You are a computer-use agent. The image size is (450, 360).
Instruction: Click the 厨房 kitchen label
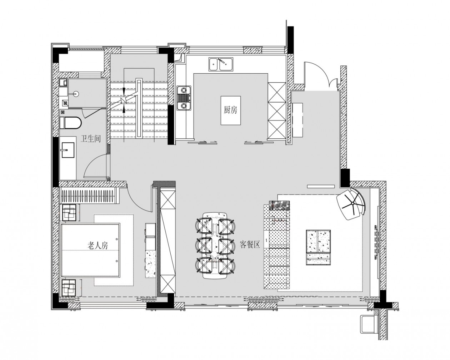point(230,110)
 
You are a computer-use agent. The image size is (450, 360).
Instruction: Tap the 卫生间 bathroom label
point(91,139)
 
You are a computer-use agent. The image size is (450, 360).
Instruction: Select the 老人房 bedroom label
point(97,246)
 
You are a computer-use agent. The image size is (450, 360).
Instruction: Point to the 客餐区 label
point(250,244)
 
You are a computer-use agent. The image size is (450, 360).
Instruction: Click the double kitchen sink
point(221,64)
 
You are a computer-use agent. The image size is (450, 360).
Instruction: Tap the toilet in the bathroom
point(70,123)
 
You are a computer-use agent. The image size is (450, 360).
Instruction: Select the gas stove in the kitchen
point(184,98)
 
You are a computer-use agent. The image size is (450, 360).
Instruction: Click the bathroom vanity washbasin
point(68,150)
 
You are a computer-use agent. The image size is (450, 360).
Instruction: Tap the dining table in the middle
point(215,245)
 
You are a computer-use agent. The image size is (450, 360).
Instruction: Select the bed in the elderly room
point(90,250)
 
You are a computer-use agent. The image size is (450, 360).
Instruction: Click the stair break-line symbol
point(124,99)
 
